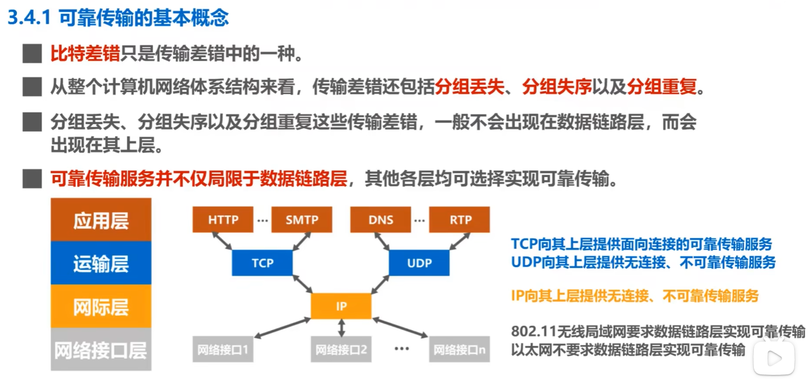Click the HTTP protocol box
(x=223, y=220)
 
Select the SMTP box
(x=302, y=220)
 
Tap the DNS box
(x=380, y=220)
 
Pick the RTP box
(x=459, y=220)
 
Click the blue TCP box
(x=262, y=263)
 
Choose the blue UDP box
(x=419, y=263)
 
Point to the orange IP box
(x=341, y=306)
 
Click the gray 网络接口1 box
(x=223, y=349)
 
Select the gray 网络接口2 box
(x=341, y=349)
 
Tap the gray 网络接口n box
(x=459, y=349)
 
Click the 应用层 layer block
(x=101, y=220)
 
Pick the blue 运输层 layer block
(x=101, y=263)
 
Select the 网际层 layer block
(x=101, y=307)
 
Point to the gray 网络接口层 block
(x=101, y=350)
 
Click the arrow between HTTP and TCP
(x=222, y=241)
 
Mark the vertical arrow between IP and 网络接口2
(x=341, y=328)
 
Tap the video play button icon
(x=774, y=359)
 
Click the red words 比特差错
(x=84, y=53)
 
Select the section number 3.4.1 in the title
(x=29, y=18)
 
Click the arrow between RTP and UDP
(x=460, y=241)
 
